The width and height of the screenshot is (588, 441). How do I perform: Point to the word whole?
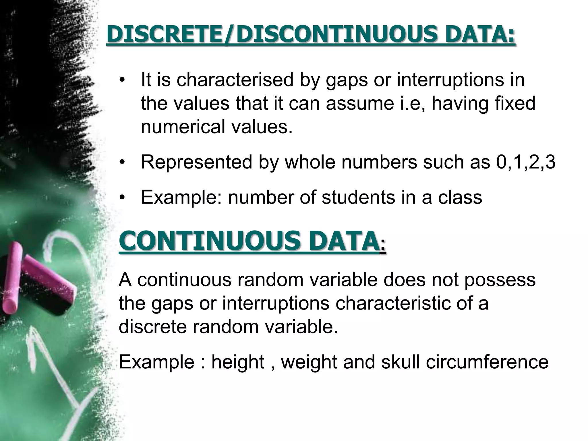click(310, 163)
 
